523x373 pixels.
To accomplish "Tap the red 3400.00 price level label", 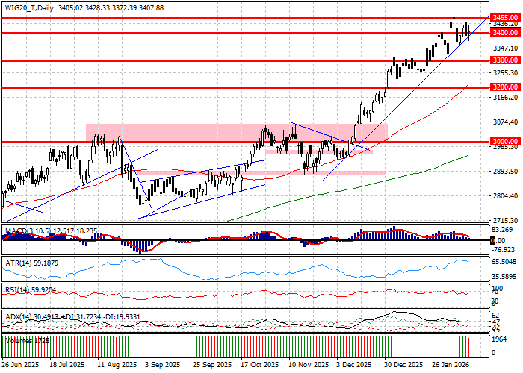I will (x=505, y=33).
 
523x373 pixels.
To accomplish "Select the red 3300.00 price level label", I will (x=505, y=60).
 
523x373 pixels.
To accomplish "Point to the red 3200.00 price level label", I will (x=505, y=87).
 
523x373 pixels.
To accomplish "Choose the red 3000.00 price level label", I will (x=505, y=141).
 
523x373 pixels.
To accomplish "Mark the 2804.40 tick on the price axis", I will (x=505, y=195).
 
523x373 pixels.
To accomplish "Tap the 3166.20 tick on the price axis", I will (x=505, y=97).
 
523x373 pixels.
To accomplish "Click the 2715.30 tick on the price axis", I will (x=505, y=221).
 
